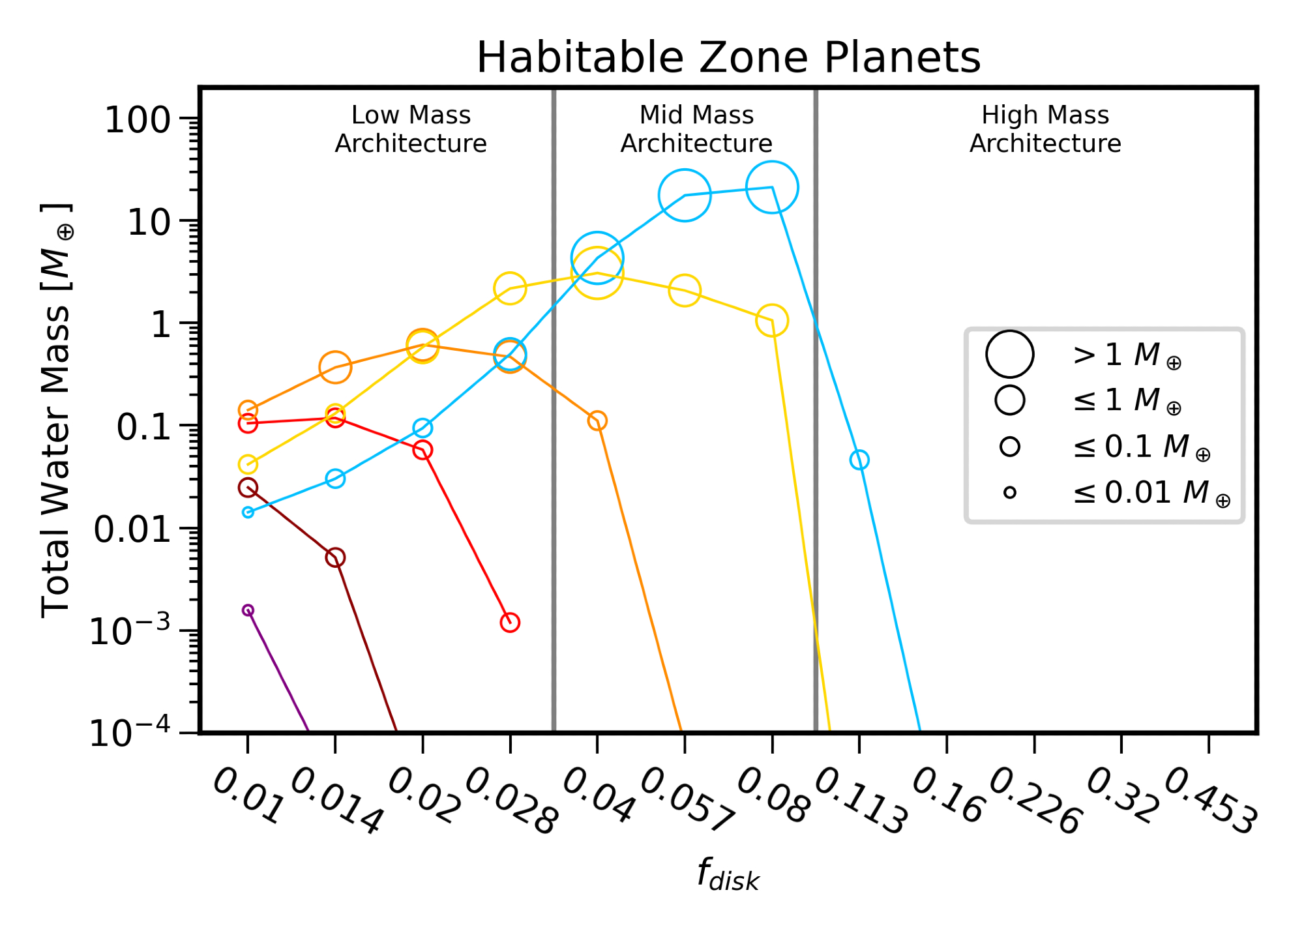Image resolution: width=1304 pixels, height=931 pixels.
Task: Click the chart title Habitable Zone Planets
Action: [728, 57]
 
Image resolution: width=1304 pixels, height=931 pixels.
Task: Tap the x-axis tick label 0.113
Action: [861, 801]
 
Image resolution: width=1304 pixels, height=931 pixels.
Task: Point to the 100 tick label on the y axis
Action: [138, 121]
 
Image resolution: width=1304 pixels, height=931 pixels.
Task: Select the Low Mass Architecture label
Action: [411, 129]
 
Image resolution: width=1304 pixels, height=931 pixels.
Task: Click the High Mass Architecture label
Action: [1045, 129]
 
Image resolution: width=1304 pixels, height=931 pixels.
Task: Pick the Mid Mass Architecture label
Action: [696, 129]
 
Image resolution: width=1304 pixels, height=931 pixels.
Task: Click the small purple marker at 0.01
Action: [248, 610]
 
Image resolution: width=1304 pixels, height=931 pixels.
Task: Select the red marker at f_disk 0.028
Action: [510, 623]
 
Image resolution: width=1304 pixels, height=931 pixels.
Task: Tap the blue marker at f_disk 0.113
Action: [859, 460]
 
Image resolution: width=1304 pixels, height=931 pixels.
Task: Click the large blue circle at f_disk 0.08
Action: [772, 188]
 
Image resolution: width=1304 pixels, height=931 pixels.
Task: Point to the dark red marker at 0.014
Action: [335, 557]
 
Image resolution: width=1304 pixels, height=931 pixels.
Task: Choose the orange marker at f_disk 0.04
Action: [597, 421]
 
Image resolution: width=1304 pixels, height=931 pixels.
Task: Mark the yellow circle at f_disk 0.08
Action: [772, 321]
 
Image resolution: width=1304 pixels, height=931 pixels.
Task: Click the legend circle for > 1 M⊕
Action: [1009, 355]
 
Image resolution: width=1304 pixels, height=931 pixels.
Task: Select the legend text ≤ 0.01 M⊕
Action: [1151, 493]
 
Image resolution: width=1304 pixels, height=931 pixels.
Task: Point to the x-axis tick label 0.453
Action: [1210, 801]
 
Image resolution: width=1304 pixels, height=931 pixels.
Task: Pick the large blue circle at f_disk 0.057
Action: [685, 195]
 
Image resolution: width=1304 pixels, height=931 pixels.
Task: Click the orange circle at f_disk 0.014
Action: [335, 368]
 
